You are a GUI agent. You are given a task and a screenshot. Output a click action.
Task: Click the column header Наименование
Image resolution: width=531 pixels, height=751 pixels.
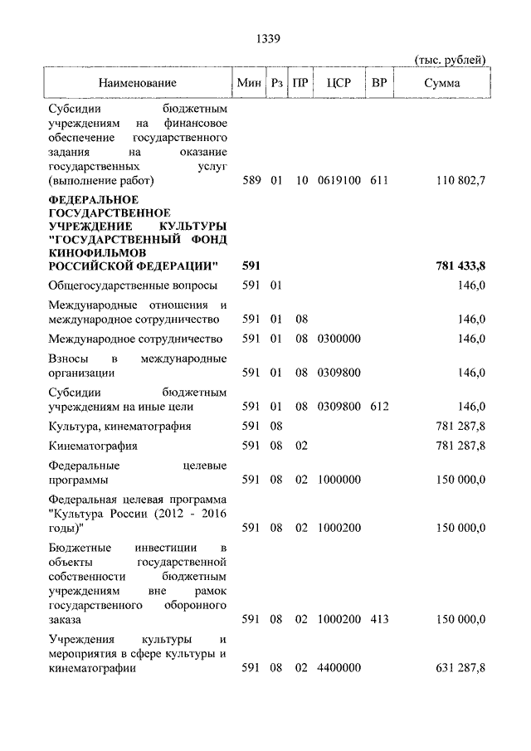138,84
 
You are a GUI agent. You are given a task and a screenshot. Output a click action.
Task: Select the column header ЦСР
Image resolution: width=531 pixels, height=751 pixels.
339,84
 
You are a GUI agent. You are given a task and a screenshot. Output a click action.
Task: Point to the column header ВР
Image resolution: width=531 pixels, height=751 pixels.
379,84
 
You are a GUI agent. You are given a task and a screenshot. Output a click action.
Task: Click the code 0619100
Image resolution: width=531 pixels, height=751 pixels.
339,180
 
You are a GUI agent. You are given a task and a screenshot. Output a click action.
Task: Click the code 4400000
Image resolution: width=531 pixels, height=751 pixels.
339,668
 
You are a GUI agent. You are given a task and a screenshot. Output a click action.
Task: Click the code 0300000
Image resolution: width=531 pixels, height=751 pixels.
339,339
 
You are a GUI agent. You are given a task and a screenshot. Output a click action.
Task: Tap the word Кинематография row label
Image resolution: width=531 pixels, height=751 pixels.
93,446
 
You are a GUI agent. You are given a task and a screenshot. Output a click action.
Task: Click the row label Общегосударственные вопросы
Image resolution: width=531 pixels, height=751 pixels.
133,285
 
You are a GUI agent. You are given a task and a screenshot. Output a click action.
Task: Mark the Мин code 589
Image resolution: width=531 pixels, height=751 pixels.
251,180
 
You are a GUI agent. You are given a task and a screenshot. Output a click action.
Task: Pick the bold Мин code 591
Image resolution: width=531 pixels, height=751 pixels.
251,266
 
